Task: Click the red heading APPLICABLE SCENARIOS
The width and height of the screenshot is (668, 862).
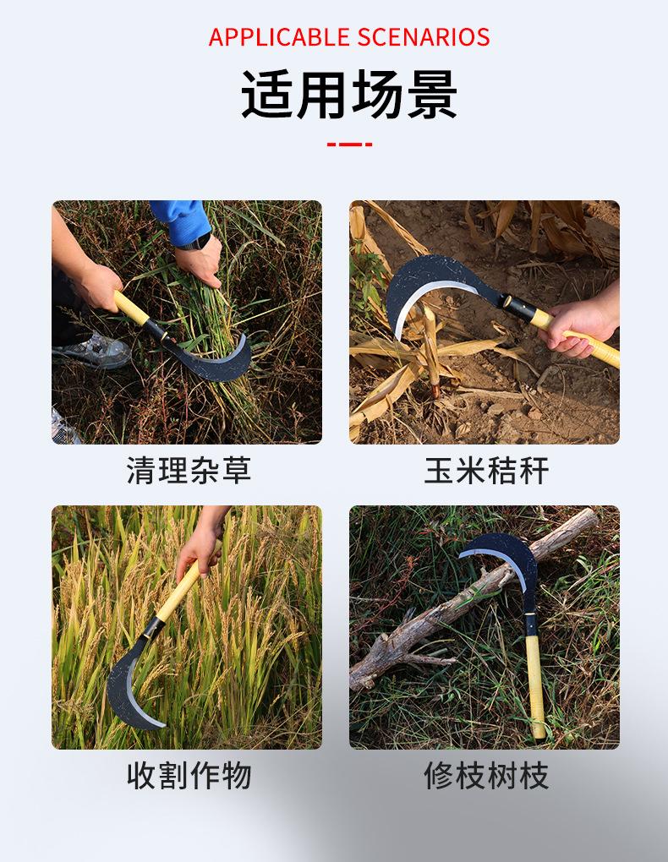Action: coord(348,37)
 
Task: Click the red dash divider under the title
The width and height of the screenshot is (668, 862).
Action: coord(349,145)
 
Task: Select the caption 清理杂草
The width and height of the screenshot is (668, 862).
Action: coord(189,470)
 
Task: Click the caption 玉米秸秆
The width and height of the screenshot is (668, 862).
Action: coord(486,470)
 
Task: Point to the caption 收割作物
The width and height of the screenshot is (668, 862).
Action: coord(189,775)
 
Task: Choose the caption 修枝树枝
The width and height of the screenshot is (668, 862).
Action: coord(486,775)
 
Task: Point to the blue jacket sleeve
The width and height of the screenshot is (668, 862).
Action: coord(182,217)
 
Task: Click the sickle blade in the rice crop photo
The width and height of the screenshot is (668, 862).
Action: coord(127,685)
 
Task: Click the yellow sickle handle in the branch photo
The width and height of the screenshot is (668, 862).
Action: coord(534,685)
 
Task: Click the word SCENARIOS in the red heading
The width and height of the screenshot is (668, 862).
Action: coord(424,37)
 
